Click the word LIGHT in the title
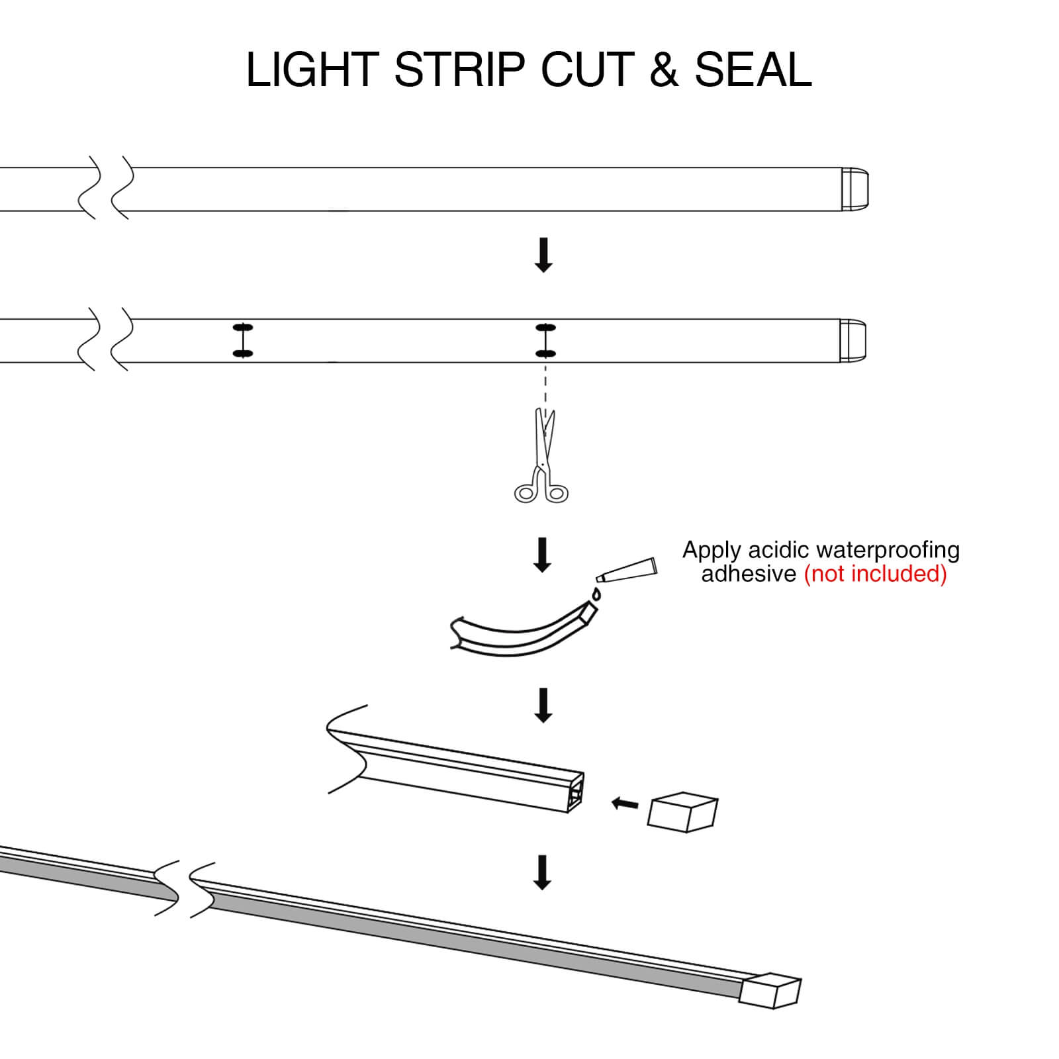coord(312,69)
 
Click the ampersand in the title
coord(664,69)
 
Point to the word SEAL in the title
coord(753,69)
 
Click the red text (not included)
coord(875,574)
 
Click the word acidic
coord(778,550)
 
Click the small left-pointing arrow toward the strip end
coord(625,804)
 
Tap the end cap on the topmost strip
coord(855,189)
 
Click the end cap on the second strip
coord(853,341)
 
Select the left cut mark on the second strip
coord(243,341)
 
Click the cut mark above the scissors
coord(545,341)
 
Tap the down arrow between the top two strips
coord(543,255)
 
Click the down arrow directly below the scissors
coord(543,555)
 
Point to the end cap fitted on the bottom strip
coord(771,990)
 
